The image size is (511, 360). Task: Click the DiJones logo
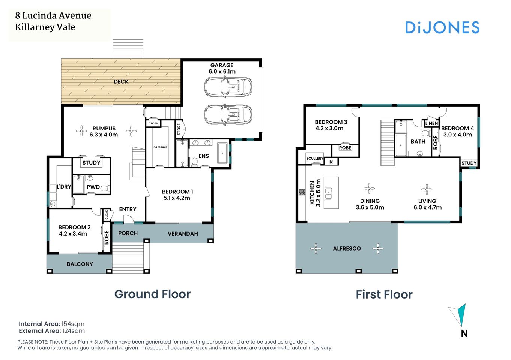[442, 27]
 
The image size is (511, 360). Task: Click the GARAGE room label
[222, 65]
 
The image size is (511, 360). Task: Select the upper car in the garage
[228, 87]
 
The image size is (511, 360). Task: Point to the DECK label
[121, 81]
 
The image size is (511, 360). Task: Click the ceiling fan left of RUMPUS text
[81, 131]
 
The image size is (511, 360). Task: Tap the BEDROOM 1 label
[177, 192]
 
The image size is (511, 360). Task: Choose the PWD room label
[93, 187]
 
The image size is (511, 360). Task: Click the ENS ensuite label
[204, 156]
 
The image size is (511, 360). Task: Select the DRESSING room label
[160, 147]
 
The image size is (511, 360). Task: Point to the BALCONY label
[80, 264]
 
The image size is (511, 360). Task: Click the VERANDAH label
[183, 234]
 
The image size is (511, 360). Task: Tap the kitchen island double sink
[328, 193]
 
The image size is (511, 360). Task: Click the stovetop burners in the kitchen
[302, 192]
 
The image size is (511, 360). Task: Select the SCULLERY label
[314, 159]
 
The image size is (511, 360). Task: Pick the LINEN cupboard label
[431, 123]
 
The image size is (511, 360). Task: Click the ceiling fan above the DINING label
[369, 189]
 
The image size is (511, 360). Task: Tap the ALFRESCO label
[347, 248]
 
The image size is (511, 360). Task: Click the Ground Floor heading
[152, 294]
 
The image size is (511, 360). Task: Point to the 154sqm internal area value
[73, 324]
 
